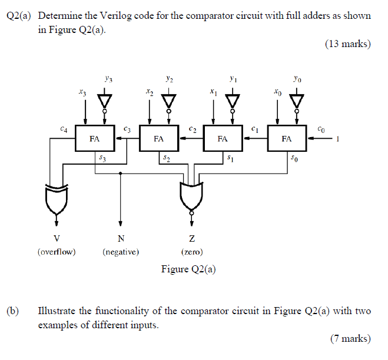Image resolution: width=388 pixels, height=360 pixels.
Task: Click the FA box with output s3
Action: point(94,139)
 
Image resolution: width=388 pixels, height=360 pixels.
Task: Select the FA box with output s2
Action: point(158,139)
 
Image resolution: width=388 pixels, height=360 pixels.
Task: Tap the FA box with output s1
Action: point(223,139)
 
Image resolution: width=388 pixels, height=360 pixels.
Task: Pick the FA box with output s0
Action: point(287,139)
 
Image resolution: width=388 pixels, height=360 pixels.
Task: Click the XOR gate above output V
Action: point(57,199)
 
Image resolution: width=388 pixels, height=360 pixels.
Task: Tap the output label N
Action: point(121,238)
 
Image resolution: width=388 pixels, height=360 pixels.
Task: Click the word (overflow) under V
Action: point(57,252)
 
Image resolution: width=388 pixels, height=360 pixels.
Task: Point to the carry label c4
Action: point(64,127)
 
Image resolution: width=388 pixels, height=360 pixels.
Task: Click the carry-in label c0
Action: point(320,127)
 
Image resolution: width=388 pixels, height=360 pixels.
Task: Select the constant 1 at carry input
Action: point(339,139)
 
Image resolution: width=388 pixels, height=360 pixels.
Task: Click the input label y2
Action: point(169,77)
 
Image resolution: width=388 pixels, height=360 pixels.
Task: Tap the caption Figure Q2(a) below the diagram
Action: point(189,269)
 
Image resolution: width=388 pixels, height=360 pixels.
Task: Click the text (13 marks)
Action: point(348,43)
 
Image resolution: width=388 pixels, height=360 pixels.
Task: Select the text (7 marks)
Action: point(350,338)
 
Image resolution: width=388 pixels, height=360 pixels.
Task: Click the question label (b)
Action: point(14,311)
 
